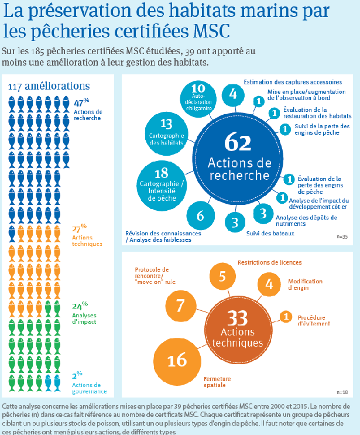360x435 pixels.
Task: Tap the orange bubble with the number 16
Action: [176, 360]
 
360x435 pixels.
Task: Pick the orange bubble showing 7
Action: [180, 305]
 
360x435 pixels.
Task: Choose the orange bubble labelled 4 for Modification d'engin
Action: [269, 285]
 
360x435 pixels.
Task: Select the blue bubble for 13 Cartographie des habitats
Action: [166, 130]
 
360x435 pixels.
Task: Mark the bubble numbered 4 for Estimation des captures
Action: [233, 94]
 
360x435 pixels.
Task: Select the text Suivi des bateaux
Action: [270, 234]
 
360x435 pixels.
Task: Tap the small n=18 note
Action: [342, 391]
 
